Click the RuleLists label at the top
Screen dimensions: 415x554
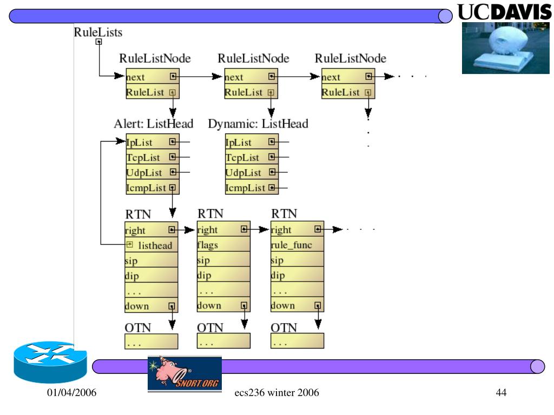[98, 32]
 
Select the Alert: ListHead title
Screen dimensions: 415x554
[153, 124]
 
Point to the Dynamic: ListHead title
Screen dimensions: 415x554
[258, 124]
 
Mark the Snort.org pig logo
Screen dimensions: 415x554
[184, 373]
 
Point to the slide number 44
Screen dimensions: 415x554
[501, 392]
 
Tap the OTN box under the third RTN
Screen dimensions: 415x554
[297, 341]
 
